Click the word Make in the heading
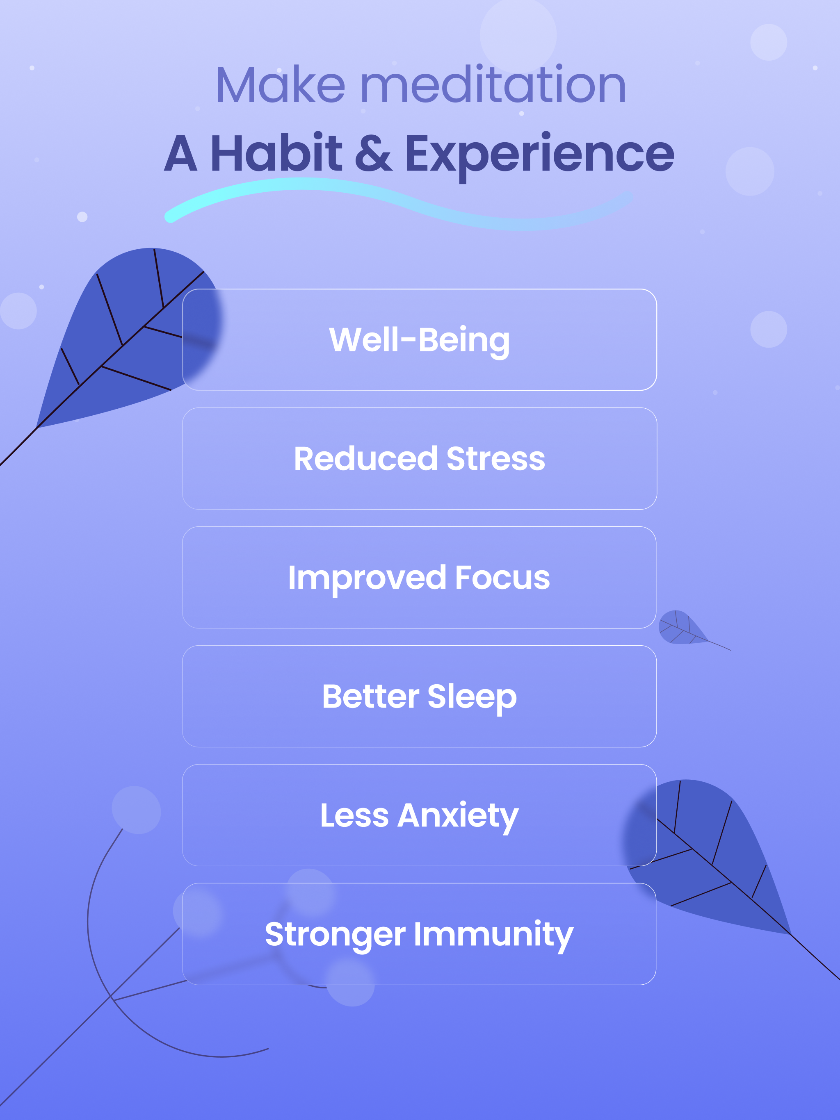[x=281, y=84]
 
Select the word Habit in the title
[x=276, y=153]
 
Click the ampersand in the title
[x=373, y=153]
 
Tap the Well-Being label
[x=420, y=340]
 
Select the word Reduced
[x=366, y=459]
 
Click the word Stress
[x=496, y=459]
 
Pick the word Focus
[x=502, y=578]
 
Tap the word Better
[x=371, y=697]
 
